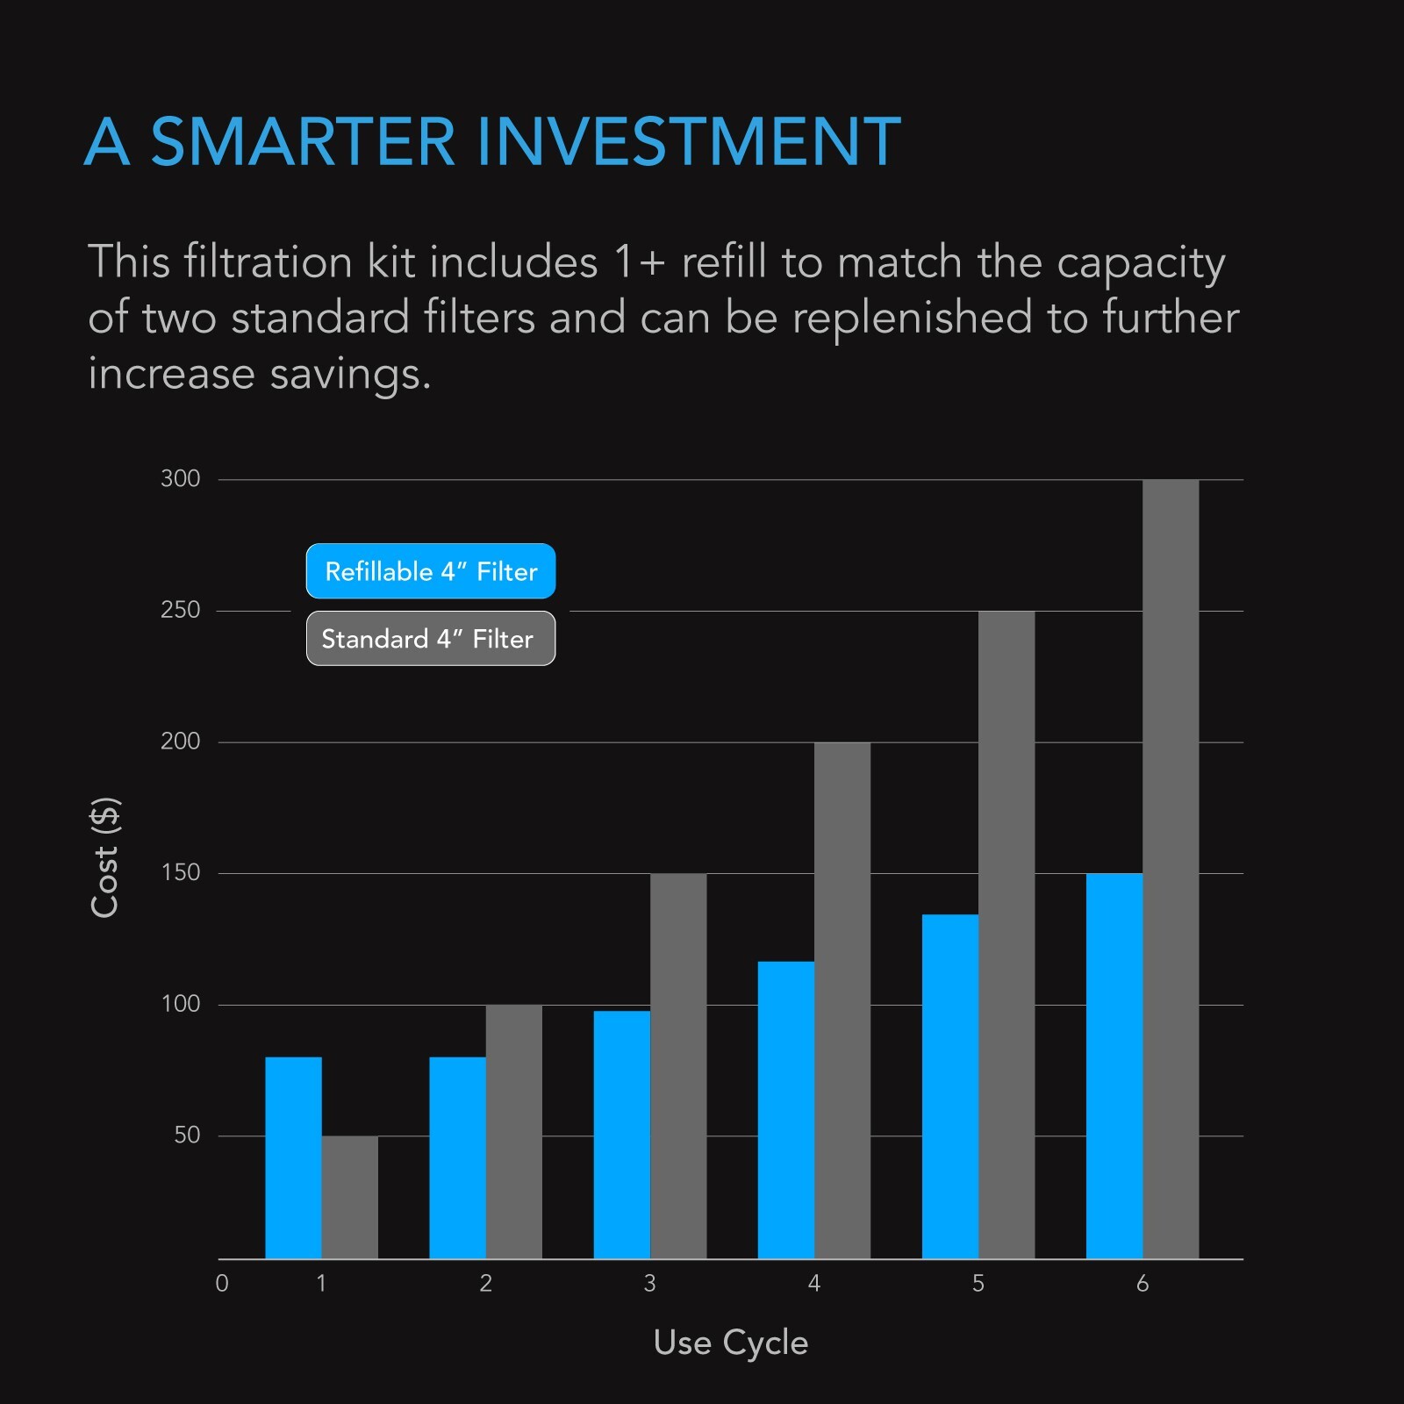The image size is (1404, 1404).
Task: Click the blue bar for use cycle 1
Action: (293, 1157)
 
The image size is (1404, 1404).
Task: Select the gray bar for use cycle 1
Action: (349, 1197)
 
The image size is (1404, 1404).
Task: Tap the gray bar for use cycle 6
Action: (1171, 869)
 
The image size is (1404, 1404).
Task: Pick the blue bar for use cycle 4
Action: (785, 1110)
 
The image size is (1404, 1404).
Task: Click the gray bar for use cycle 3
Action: (677, 1065)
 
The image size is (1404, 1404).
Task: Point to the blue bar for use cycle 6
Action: (1114, 1065)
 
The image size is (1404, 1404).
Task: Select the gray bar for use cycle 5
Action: (1006, 935)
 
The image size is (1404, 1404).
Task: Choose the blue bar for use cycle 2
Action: (457, 1157)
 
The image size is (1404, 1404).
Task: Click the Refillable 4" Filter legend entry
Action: (431, 571)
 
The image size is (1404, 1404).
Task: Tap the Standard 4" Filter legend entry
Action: (431, 639)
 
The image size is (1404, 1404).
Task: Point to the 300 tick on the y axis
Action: (181, 479)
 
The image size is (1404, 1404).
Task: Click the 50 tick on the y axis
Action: (187, 1135)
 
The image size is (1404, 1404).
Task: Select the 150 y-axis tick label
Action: (181, 873)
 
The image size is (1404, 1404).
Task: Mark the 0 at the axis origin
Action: (222, 1284)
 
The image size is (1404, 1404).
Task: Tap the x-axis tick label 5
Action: (978, 1284)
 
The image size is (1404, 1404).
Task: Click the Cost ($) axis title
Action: (105, 857)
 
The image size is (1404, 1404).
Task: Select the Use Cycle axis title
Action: (731, 1343)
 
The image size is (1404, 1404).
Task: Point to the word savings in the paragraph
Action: (350, 375)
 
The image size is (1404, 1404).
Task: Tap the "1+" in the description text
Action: (639, 262)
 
